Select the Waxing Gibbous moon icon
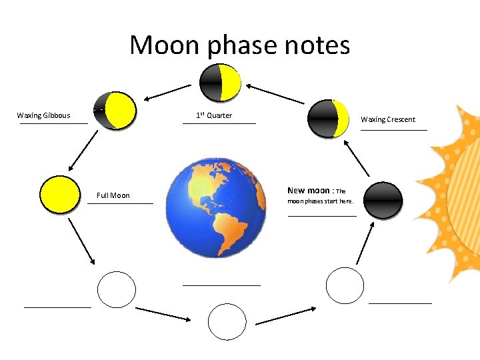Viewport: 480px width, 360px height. (115, 110)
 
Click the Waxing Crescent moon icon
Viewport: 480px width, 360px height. (329, 119)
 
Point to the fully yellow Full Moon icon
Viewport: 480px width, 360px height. (59, 195)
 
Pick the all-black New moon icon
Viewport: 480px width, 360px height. (383, 201)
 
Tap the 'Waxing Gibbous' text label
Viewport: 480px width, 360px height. (43, 115)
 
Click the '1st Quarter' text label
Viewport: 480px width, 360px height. (214, 115)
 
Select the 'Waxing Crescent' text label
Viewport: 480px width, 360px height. (388, 119)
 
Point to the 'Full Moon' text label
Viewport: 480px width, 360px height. (113, 195)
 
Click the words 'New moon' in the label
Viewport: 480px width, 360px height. (309, 190)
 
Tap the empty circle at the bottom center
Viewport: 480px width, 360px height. (227, 321)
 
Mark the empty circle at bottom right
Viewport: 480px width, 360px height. (345, 286)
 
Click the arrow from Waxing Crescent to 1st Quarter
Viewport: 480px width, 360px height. (277, 93)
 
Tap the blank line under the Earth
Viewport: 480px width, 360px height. (221, 285)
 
